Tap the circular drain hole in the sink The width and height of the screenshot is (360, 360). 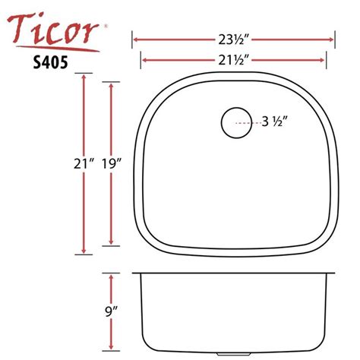(x=235, y=122)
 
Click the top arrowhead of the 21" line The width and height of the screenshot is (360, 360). (x=83, y=78)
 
